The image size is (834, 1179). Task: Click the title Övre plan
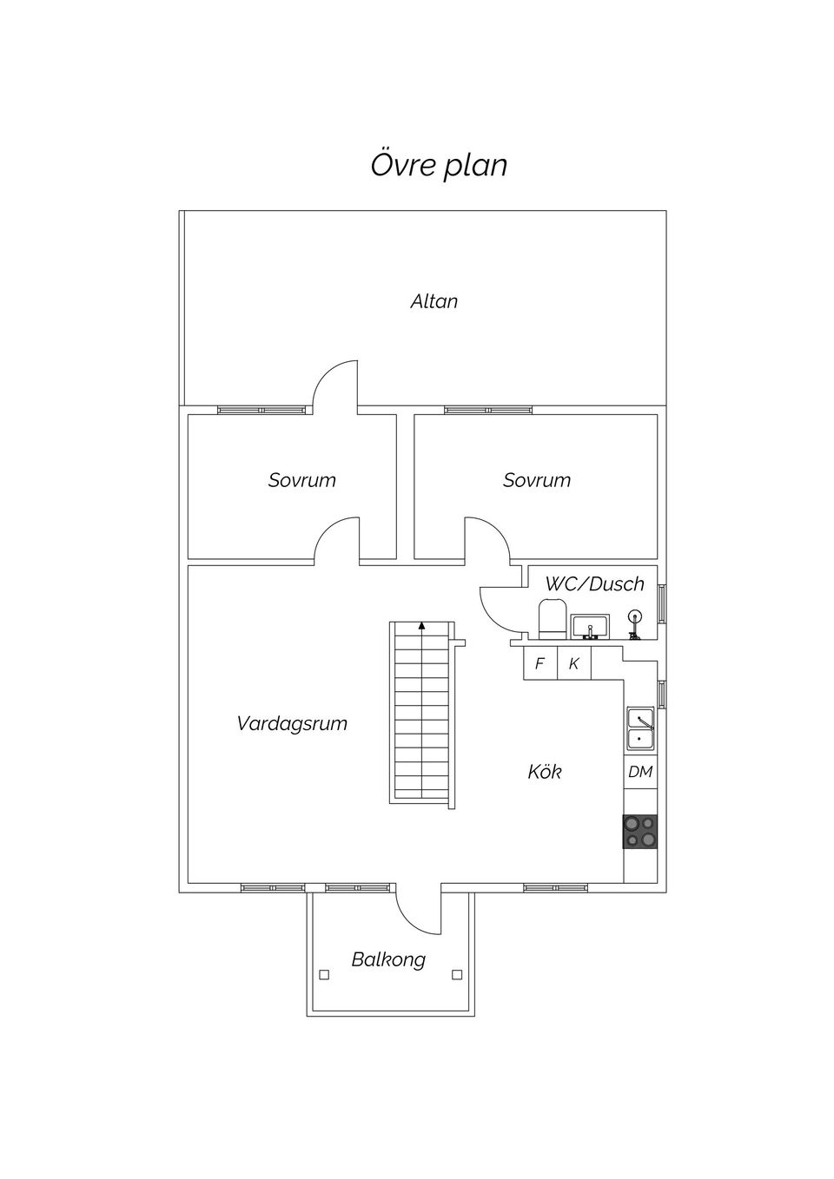click(x=439, y=165)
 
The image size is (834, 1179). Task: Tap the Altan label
click(x=434, y=301)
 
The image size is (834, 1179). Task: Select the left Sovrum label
click(x=301, y=480)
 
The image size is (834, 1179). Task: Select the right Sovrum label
click(x=536, y=480)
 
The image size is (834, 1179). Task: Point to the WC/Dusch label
click(x=594, y=583)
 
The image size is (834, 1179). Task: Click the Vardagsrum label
click(x=292, y=723)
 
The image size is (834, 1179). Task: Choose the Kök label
click(x=545, y=772)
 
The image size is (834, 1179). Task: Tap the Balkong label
click(x=388, y=959)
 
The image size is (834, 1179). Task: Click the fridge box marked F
click(x=539, y=664)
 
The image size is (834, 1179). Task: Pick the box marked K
click(x=573, y=664)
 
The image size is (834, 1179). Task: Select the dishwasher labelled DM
click(x=640, y=772)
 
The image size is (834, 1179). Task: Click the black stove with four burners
click(x=640, y=831)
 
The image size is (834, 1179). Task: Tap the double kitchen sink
click(x=640, y=729)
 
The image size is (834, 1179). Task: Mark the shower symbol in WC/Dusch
click(x=635, y=622)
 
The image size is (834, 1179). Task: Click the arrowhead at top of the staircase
click(x=421, y=624)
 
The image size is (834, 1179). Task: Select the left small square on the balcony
click(x=324, y=974)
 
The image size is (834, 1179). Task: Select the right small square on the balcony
click(x=457, y=974)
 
